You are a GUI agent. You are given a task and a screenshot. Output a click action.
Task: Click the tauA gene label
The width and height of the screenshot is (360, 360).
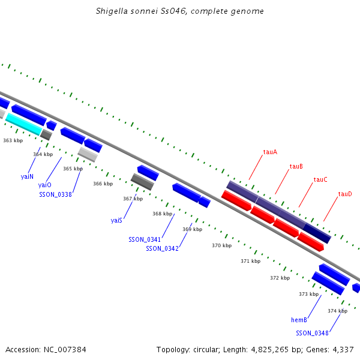click(x=270, y=152)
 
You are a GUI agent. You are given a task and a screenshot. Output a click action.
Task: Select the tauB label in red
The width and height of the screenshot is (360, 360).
click(x=296, y=166)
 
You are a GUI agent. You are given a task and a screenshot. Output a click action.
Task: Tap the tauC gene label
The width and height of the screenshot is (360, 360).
click(x=320, y=179)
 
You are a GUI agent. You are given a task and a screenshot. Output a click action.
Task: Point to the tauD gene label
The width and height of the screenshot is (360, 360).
click(x=345, y=194)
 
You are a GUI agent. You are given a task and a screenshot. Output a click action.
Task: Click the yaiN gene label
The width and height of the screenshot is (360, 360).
click(x=27, y=176)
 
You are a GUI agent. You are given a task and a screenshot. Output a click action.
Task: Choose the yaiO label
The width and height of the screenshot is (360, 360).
click(x=45, y=185)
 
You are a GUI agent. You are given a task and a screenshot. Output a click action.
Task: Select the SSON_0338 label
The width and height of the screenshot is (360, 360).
click(x=56, y=194)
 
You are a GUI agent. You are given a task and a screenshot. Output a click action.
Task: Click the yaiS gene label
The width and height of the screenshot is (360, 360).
click(x=116, y=220)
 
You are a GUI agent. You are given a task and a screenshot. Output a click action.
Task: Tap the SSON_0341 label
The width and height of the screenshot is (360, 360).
click(x=145, y=239)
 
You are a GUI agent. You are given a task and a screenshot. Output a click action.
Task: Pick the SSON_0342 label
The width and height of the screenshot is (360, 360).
click(x=163, y=248)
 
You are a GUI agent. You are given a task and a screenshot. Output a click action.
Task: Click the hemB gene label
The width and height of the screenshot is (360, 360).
click(x=299, y=320)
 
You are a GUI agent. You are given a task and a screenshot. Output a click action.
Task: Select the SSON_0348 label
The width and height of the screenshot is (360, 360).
click(x=312, y=333)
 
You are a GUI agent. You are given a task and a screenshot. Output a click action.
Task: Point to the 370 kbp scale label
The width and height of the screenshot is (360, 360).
click(x=222, y=245)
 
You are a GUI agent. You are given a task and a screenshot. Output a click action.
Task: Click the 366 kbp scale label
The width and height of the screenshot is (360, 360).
click(x=103, y=184)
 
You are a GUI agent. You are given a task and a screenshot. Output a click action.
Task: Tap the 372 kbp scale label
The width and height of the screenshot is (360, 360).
click(x=280, y=278)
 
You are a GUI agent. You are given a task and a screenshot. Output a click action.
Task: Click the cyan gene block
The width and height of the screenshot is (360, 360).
click(x=23, y=124)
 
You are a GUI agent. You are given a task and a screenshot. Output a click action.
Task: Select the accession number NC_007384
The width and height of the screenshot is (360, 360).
click(x=65, y=350)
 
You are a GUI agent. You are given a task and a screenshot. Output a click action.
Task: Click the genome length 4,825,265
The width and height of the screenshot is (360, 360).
click(x=270, y=350)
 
